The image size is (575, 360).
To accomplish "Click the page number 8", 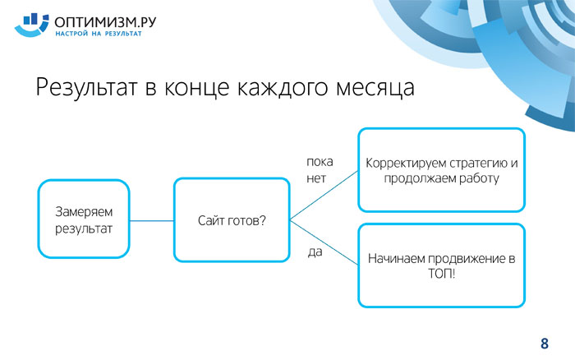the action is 545,344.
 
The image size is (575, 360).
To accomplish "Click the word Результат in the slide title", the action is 86,88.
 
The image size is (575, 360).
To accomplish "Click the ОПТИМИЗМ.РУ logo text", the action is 105,22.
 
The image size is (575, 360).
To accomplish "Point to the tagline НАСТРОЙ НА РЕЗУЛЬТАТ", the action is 99,34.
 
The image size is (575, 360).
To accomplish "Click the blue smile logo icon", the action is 31,25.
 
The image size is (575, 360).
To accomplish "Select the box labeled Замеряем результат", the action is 84,219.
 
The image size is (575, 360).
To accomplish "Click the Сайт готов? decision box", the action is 232,219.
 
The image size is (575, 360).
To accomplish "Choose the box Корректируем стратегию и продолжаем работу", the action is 442,170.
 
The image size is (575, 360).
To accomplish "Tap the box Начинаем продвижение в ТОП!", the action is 442,265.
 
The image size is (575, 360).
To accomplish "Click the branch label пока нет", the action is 320,170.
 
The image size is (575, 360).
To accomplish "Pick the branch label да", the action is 315,252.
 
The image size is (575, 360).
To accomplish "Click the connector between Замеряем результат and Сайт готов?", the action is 152,221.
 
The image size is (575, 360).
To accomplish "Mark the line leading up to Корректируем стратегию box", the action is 324,196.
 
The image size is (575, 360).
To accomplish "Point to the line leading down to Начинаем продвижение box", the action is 324,242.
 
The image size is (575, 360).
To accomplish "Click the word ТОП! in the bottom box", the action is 442,274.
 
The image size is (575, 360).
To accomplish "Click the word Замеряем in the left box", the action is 84,212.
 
